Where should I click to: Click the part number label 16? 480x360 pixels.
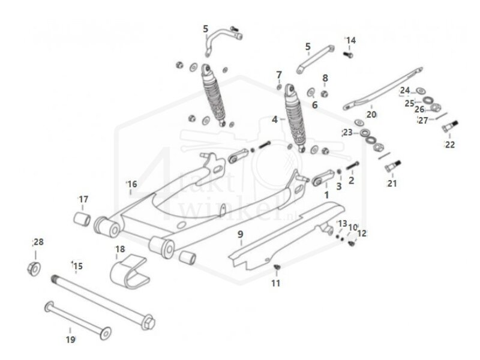(x=132, y=184)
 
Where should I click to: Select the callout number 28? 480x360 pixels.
(x=38, y=242)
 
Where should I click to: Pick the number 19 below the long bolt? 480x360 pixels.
(x=70, y=340)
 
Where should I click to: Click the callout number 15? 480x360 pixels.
(x=77, y=266)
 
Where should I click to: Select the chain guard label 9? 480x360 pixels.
(x=240, y=234)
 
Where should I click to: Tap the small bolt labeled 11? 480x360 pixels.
(x=277, y=267)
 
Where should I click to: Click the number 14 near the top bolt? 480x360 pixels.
(x=350, y=40)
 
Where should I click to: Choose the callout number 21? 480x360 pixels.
(x=392, y=183)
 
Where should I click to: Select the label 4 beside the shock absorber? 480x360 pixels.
(x=275, y=119)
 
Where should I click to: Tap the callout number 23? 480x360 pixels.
(x=347, y=133)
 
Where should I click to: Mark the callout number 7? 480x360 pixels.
(x=279, y=74)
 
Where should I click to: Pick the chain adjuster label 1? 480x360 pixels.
(x=326, y=195)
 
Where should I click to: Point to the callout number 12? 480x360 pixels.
(x=362, y=233)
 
